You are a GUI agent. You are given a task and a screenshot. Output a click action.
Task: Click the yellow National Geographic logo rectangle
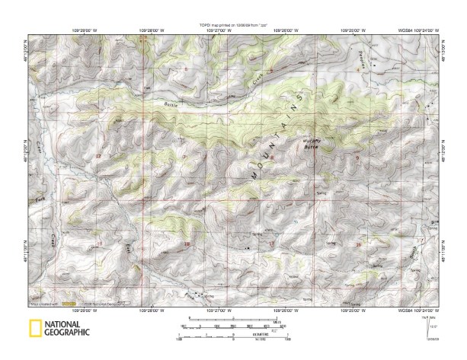click(x=34, y=329)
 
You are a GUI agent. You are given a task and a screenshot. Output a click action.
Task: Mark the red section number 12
click(x=98, y=155)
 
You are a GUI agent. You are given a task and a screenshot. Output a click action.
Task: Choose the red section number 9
click(x=357, y=158)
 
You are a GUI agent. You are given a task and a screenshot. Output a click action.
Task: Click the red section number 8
click(x=271, y=158)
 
